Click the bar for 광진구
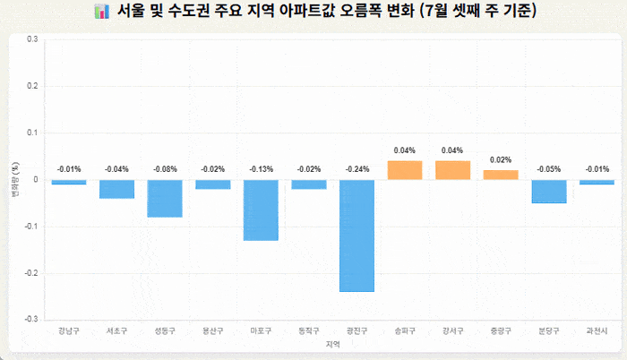356,236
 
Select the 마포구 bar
261,210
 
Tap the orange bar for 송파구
405,170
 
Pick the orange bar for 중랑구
501,175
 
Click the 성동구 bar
165,198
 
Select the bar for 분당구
549,191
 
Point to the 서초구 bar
116,189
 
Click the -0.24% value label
356,168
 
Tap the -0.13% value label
261,168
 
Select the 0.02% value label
501,159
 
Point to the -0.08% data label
165,168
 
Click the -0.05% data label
549,168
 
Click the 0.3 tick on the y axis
33,39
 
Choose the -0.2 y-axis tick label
31,272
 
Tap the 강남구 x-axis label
69,330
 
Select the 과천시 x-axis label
597,330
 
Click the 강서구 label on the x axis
452,330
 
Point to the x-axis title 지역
332,344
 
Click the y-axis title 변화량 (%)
14,179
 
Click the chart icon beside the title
100,12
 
